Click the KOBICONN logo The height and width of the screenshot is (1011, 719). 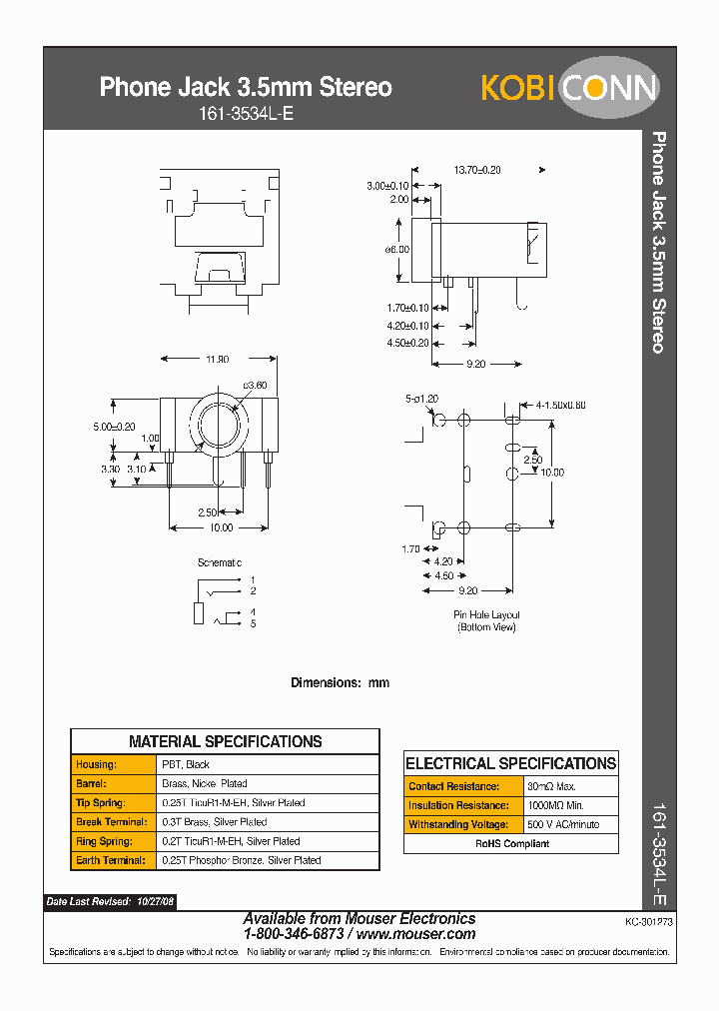[x=569, y=89]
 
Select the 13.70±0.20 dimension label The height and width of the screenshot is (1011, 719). [x=476, y=170]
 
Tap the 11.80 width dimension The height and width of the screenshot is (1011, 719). [x=216, y=359]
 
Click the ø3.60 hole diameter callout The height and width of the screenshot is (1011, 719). [x=255, y=386]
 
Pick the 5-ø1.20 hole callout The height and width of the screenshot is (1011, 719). [x=422, y=399]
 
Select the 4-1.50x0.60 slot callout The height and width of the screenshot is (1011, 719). [x=560, y=406]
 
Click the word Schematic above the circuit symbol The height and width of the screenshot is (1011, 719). [x=220, y=563]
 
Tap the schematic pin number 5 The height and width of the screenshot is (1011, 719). [x=253, y=624]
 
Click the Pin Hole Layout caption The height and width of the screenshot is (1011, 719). [x=486, y=614]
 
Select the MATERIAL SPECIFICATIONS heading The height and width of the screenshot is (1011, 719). [x=225, y=741]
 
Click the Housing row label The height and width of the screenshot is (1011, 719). [x=96, y=764]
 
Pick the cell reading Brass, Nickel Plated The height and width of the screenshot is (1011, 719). [x=205, y=783]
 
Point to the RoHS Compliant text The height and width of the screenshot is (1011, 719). [x=511, y=843]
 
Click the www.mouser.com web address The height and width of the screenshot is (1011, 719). [x=415, y=934]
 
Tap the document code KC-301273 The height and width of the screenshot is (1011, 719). [x=649, y=924]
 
